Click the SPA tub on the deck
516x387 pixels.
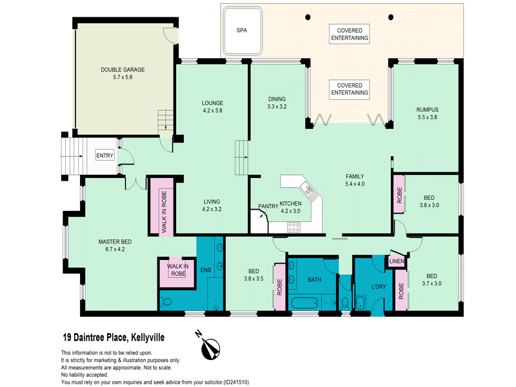pyautogui.click(x=243, y=31)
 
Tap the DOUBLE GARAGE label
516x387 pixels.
pyautogui.click(x=123, y=70)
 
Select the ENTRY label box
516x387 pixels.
pyautogui.click(x=104, y=155)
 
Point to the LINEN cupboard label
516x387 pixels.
pyautogui.click(x=396, y=261)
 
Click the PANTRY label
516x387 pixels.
pyautogui.click(x=268, y=206)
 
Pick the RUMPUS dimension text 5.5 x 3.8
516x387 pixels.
pyautogui.click(x=427, y=117)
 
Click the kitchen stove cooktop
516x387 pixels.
pyautogui.click(x=293, y=227)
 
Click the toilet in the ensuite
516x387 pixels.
pyautogui.click(x=166, y=301)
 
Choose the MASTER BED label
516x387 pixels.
pyautogui.click(x=115, y=242)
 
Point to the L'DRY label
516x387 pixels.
pyautogui.click(x=379, y=286)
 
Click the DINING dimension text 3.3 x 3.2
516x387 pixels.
pyautogui.click(x=277, y=106)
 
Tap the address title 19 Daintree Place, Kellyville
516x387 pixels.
pyautogui.click(x=114, y=337)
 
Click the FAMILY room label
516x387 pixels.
pyautogui.click(x=355, y=176)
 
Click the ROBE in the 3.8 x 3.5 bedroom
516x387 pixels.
pyautogui.click(x=280, y=287)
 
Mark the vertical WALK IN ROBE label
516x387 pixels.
pyautogui.click(x=164, y=212)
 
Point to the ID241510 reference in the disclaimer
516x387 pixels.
pyautogui.click(x=236, y=382)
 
